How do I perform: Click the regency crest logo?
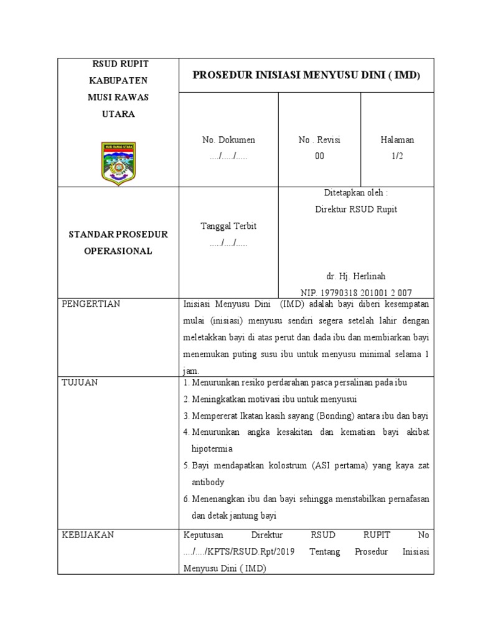118,163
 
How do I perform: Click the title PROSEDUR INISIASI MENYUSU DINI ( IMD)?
306,75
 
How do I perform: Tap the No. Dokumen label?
228,140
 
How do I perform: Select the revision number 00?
319,156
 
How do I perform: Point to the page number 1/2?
397,156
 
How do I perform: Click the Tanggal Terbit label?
228,226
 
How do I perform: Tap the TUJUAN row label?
80,383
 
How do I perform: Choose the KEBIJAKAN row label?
87,535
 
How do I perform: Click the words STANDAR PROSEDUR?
118,235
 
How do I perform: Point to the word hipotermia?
212,449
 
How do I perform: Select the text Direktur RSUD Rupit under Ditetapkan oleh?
356,210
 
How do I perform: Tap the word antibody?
208,482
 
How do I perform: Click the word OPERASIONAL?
118,251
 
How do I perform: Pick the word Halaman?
397,140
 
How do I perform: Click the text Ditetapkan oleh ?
356,193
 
